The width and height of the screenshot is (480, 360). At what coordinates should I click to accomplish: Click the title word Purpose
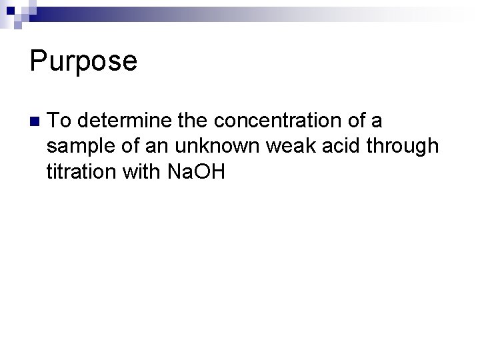point(83,61)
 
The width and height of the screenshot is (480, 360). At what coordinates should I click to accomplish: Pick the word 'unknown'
point(215,147)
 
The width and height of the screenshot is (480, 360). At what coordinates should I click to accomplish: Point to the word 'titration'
point(84,172)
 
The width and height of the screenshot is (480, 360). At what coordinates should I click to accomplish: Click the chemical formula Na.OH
point(197,172)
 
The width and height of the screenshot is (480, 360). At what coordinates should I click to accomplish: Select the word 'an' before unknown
point(160,147)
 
